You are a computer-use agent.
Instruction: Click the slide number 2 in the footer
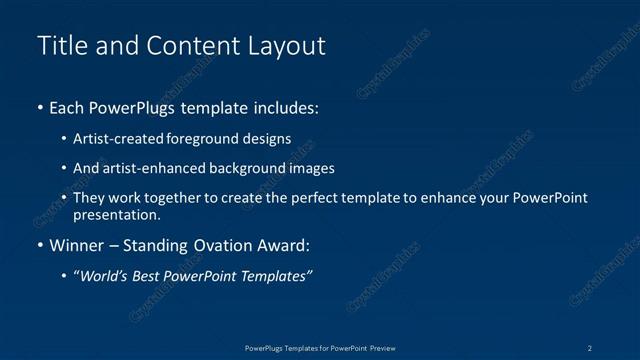coord(590,347)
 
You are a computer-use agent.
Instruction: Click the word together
coord(173,198)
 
